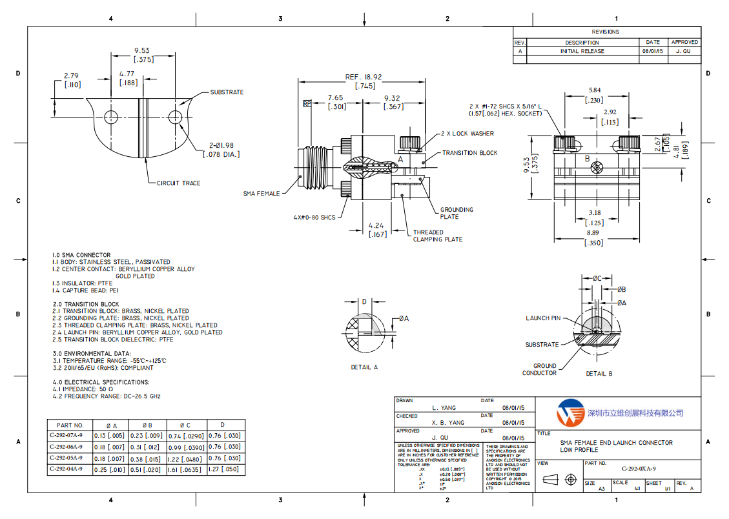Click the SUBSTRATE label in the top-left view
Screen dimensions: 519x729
(227, 92)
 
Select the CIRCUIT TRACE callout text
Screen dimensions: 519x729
(178, 183)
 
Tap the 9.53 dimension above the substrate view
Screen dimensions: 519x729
(142, 50)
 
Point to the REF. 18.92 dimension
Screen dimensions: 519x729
(363, 77)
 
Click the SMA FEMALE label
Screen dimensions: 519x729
(262, 193)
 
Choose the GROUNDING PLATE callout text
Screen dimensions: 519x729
(457, 213)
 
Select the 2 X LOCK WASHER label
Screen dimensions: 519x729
(467, 134)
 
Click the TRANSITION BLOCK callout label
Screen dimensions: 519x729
(469, 153)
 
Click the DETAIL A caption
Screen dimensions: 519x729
(364, 367)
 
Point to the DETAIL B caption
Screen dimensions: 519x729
(599, 373)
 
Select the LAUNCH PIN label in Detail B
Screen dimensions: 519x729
(543, 318)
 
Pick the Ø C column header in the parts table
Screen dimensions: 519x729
(185, 425)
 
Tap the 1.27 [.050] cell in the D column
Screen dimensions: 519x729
(224, 469)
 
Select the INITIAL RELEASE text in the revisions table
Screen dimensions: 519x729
(582, 51)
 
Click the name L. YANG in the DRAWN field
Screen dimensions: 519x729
(444, 408)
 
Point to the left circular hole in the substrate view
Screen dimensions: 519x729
(112, 117)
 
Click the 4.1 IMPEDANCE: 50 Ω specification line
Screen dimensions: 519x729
(83, 389)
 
